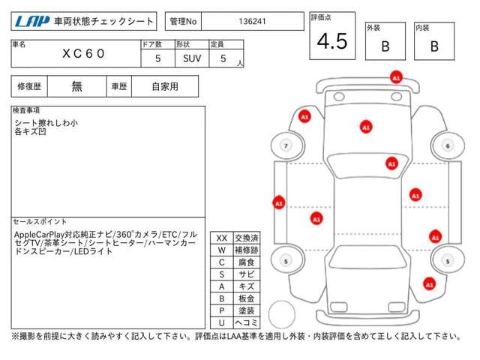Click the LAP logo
click(x=31, y=22)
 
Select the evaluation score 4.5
click(x=332, y=42)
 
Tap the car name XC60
click(x=84, y=54)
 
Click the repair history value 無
click(x=76, y=86)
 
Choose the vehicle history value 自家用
click(x=165, y=86)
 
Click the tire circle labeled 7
click(x=285, y=145)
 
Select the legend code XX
click(x=221, y=238)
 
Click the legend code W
click(x=221, y=250)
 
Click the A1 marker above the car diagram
click(x=396, y=76)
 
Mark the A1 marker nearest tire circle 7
click(x=304, y=117)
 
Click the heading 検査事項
click(x=26, y=111)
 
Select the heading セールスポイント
click(x=40, y=222)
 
